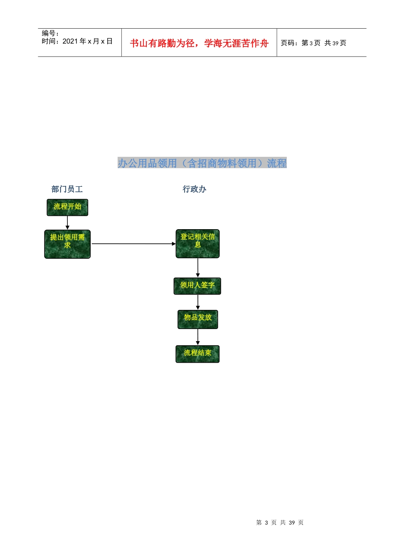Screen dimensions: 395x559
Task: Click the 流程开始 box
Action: pyautogui.click(x=67, y=208)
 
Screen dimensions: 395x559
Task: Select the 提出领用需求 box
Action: pyautogui.click(x=67, y=244)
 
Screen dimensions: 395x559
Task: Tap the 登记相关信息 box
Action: pyautogui.click(x=197, y=244)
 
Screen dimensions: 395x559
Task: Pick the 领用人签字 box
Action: pyautogui.click(x=197, y=286)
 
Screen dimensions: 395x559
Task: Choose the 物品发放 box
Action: pyautogui.click(x=197, y=319)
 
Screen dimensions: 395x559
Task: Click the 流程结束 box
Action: pyautogui.click(x=197, y=354)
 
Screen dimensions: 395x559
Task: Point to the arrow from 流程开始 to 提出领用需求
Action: pyautogui.click(x=67, y=223)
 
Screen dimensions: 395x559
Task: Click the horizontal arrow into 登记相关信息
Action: pyautogui.click(x=134, y=244)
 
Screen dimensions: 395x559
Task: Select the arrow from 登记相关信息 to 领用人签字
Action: pyautogui.click(x=198, y=268)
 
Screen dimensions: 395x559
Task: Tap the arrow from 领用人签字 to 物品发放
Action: pyautogui.click(x=198, y=302)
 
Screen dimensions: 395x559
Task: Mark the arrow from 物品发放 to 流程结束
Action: pyautogui.click(x=198, y=337)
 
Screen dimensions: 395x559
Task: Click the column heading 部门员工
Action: pyautogui.click(x=67, y=189)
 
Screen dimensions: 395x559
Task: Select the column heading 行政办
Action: pyautogui.click(x=194, y=189)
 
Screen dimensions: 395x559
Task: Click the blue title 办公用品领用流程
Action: pyautogui.click(x=202, y=163)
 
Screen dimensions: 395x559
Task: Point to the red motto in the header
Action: pyautogui.click(x=199, y=43)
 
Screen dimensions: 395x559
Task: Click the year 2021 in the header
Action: pyautogui.click(x=70, y=41)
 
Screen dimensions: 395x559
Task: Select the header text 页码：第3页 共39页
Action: pyautogui.click(x=314, y=43)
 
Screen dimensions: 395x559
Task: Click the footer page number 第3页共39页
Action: pyautogui.click(x=280, y=522)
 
